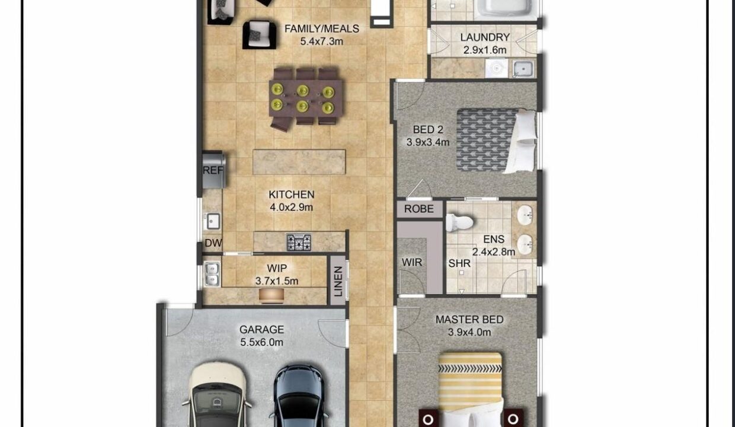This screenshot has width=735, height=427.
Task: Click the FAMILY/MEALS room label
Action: [x=321, y=28]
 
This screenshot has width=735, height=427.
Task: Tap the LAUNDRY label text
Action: [x=485, y=37]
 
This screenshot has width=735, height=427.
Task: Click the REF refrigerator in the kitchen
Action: [x=213, y=170]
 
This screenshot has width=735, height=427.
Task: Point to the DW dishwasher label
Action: [x=212, y=243]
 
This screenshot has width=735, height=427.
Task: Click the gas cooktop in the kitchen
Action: [x=299, y=242]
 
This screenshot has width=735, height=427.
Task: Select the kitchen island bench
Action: [x=299, y=162]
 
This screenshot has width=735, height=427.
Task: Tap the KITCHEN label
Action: [x=291, y=195]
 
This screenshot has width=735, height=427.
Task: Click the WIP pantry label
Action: [x=277, y=269]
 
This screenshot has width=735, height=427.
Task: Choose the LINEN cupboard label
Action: [x=338, y=281]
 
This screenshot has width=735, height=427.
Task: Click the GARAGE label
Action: [x=261, y=329]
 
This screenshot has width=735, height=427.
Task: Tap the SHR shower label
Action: [x=459, y=263]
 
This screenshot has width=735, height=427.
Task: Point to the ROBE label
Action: [x=419, y=209]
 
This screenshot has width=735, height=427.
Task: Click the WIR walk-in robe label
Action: [x=412, y=262]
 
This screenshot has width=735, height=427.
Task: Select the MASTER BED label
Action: [x=469, y=320]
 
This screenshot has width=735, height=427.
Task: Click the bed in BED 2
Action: [x=496, y=141]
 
